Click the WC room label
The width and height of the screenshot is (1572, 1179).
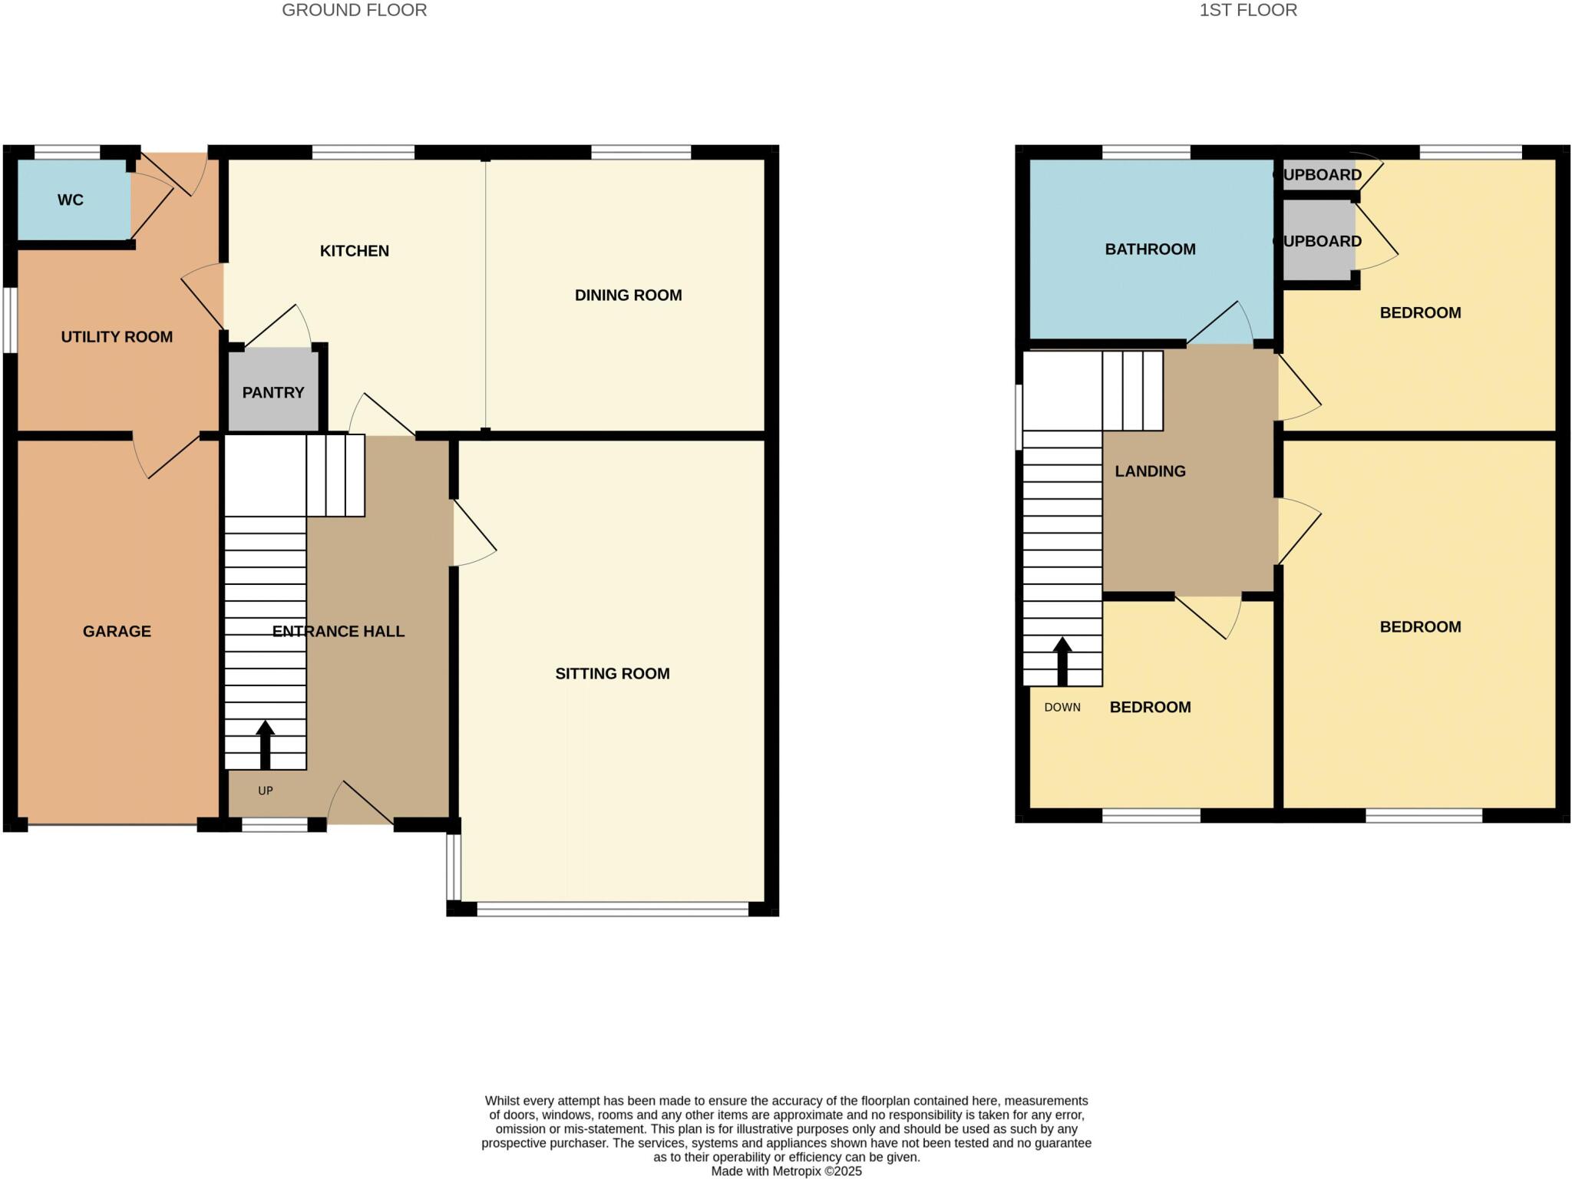(70, 200)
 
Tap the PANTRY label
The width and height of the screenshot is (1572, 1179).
(273, 393)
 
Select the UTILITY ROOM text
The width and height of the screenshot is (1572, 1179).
(117, 337)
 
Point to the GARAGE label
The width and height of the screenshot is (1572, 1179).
(117, 632)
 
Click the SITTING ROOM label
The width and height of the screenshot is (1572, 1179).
(612, 674)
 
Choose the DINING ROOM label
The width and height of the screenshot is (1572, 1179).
(628, 296)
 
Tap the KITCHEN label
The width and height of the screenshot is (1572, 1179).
(354, 251)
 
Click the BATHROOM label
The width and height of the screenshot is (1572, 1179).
(1150, 249)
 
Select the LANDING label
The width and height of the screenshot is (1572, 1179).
(1150, 471)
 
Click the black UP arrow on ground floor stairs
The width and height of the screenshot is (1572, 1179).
(265, 744)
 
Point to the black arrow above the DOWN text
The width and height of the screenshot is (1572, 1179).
(1062, 660)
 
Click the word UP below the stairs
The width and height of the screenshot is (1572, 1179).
(265, 791)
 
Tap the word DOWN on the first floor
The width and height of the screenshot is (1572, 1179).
(1062, 708)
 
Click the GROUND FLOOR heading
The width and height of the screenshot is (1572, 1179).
(354, 11)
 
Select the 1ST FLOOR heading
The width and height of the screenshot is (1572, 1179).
(1248, 11)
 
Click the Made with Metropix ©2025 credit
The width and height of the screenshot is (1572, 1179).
(786, 1171)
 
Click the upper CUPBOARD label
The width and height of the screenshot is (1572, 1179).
(1321, 175)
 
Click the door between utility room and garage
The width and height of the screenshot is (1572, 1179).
(165, 457)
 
